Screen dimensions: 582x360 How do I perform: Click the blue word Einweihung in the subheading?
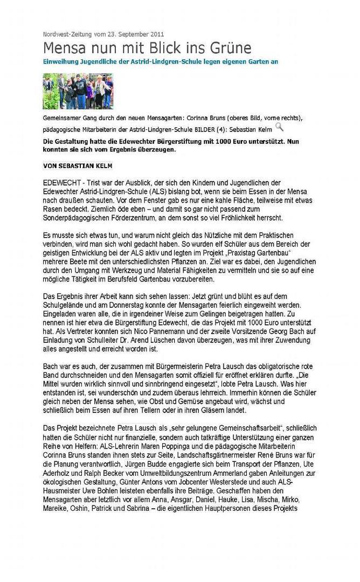[61, 62]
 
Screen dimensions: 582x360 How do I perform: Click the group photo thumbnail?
[78, 91]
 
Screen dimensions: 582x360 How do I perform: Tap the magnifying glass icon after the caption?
[279, 127]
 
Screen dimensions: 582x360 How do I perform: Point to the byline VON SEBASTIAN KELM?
[78, 164]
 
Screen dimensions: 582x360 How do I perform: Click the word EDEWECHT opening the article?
[61, 183]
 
